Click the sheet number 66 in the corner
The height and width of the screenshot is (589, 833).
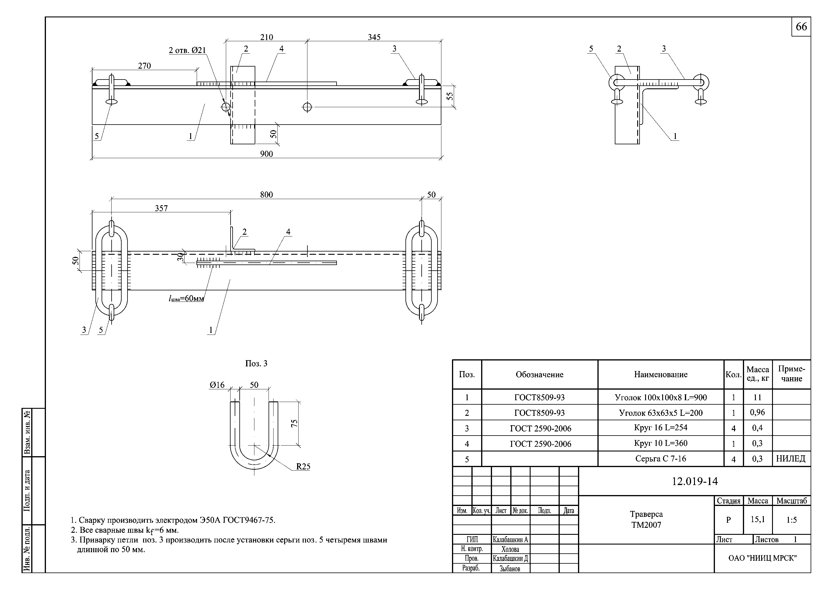pos(801,27)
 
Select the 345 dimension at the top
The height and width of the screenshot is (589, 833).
pos(374,37)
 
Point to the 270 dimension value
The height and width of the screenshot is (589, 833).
pos(144,66)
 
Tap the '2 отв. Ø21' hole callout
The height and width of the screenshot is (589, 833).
pos(187,50)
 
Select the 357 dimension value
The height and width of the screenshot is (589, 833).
pos(161,208)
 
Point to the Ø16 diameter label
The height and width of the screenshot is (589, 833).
pos(217,385)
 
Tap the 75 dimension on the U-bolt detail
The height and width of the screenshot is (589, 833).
pos(294,423)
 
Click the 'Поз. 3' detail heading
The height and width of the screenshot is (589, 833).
pos(256,364)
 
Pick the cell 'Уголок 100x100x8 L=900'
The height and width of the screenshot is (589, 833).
pos(661,397)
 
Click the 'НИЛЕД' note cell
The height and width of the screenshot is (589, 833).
pos(791,459)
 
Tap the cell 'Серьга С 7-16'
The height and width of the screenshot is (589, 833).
pos(661,459)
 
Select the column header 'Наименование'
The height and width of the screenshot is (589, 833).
pos(661,375)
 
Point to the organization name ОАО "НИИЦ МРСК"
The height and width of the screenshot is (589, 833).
pos(762,558)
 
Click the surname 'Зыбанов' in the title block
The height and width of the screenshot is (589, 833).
pos(510,569)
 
